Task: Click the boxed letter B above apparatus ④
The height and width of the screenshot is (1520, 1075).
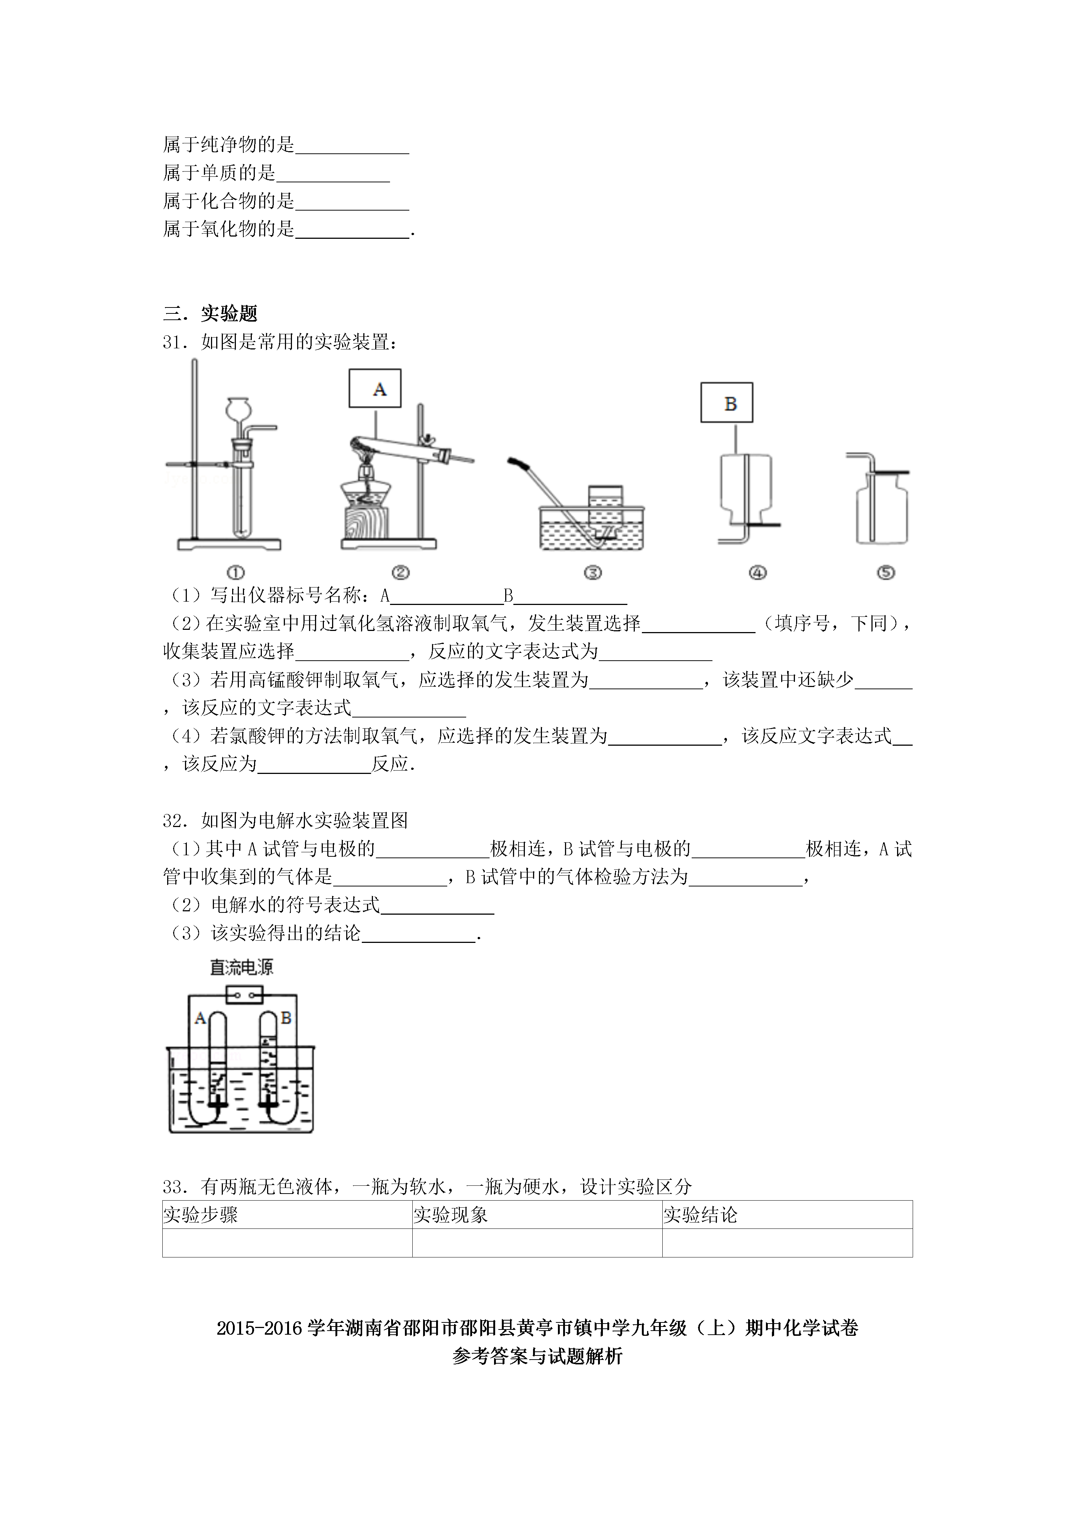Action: click(x=731, y=403)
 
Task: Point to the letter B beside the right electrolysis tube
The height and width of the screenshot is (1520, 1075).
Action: click(x=286, y=1018)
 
